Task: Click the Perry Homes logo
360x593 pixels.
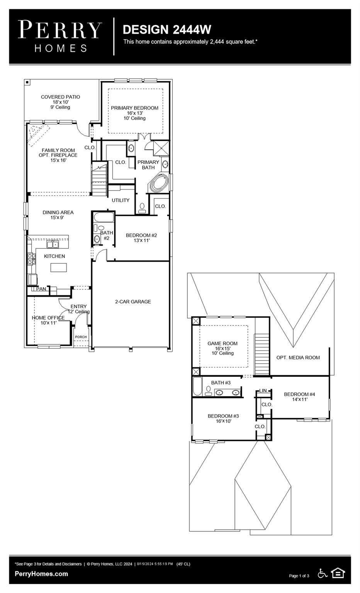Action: (60, 36)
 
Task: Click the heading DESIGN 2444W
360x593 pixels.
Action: (167, 30)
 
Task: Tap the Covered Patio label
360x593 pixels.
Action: (60, 102)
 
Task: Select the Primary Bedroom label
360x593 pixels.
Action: (134, 113)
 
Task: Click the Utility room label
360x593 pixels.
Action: (121, 200)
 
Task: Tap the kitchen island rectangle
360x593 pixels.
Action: (59, 268)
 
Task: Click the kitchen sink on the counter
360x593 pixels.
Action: (53, 244)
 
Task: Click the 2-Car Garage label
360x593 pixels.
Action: (133, 302)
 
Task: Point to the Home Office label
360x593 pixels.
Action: (48, 320)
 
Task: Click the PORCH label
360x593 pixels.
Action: (81, 337)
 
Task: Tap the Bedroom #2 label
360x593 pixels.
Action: (141, 238)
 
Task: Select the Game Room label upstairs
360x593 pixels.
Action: (222, 348)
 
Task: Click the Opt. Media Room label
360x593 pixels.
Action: (298, 357)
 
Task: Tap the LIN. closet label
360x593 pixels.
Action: (263, 390)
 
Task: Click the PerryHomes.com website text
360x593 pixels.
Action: (41, 574)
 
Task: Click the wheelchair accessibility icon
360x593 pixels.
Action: (323, 573)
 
